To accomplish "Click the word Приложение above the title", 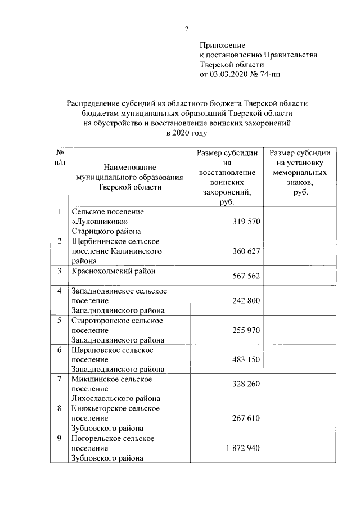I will click(223, 44).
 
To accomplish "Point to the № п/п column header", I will click(60, 157).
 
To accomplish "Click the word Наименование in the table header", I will click(130, 167).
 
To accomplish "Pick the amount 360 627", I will click(246, 251).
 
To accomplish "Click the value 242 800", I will click(246, 301).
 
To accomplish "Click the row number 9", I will click(60, 438).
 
